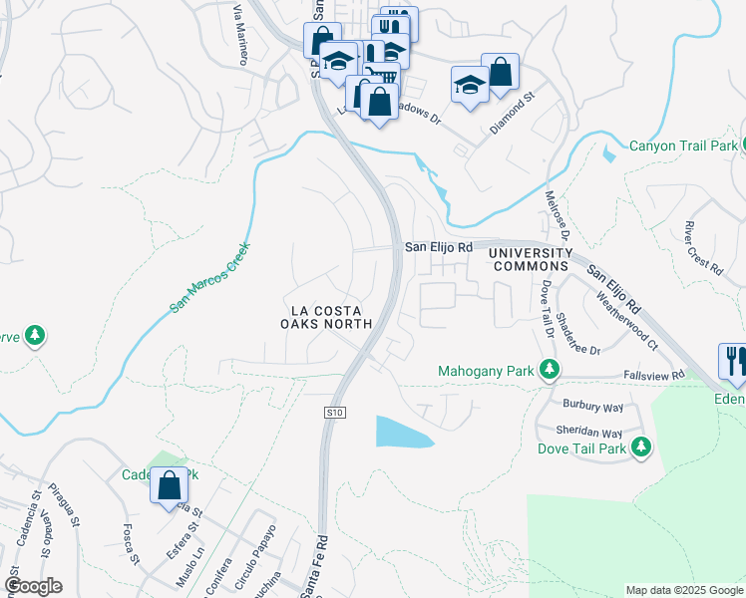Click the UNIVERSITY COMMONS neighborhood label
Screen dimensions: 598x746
530,260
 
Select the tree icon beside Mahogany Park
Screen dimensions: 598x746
549,371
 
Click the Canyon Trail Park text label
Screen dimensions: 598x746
683,147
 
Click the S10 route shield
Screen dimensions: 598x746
334,412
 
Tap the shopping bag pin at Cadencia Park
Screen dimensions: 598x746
170,486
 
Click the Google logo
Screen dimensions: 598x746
34,586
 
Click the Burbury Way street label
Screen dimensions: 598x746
592,408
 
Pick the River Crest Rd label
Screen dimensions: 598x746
703,247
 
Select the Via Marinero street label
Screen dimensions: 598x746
239,35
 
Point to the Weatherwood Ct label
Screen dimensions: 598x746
626,318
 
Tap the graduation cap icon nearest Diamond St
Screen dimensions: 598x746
469,85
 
